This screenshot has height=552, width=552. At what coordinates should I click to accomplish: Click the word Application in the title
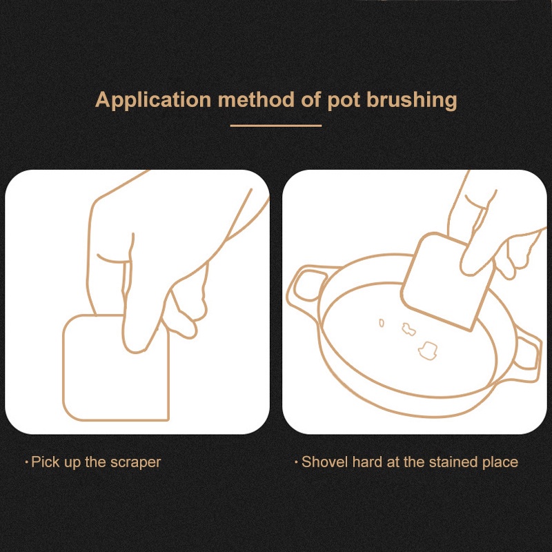click(153, 100)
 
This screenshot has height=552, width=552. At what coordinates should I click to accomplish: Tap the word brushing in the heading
click(412, 100)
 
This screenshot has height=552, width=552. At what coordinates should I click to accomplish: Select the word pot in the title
click(344, 101)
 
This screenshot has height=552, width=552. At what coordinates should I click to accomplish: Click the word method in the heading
click(256, 99)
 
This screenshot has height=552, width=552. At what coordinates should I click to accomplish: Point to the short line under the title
click(275, 126)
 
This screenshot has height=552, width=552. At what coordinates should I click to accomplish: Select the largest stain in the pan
click(428, 351)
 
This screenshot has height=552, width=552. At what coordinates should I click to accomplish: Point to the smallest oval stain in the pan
click(382, 323)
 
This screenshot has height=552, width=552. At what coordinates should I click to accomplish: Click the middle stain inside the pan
click(408, 329)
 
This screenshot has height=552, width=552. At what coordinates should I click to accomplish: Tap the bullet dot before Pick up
click(27, 462)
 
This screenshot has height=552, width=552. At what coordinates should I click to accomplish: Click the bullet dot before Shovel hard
click(297, 462)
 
